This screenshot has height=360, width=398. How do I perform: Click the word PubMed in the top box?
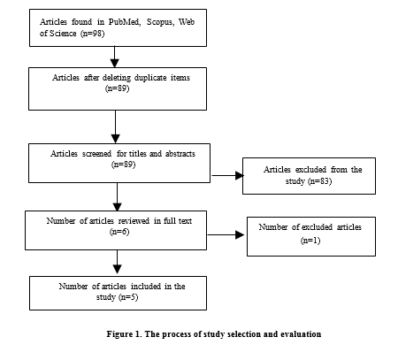pyautogui.click(x=124, y=22)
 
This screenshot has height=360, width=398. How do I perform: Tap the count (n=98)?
pyautogui.click(x=93, y=34)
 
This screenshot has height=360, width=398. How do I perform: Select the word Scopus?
pyautogui.click(x=160, y=22)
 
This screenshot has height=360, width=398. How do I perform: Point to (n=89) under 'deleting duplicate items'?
pyautogui.click(x=118, y=88)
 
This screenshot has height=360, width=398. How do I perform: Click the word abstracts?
pyautogui.click(x=180, y=154)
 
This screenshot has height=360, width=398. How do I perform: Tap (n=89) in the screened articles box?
pyautogui.click(x=124, y=165)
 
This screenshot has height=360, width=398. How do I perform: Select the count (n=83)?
pyautogui.click(x=320, y=180)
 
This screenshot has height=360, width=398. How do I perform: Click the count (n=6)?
pyautogui.click(x=119, y=232)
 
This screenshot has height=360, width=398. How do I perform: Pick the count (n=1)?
pyautogui.click(x=310, y=241)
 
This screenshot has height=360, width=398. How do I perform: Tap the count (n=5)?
pyautogui.click(x=128, y=296)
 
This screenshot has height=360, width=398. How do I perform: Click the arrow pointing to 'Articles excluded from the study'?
pyautogui.click(x=227, y=175)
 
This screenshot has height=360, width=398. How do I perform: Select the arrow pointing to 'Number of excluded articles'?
pyautogui.click(x=226, y=235)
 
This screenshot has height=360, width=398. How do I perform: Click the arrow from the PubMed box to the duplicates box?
pyautogui.click(x=115, y=57)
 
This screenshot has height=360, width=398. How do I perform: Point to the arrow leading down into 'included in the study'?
pyautogui.click(x=118, y=262)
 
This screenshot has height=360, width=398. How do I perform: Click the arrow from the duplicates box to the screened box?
pyautogui.click(x=116, y=126)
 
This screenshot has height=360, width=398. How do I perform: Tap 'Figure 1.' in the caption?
pyautogui.click(x=124, y=334)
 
